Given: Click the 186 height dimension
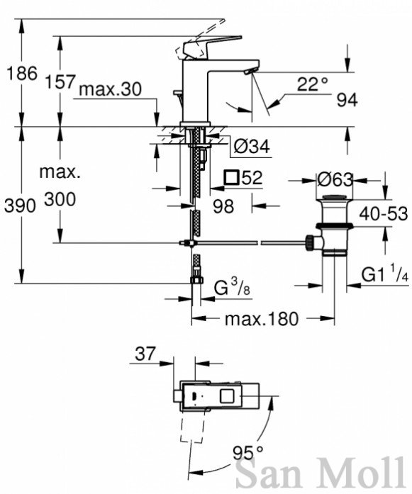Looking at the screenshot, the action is coord(22,74).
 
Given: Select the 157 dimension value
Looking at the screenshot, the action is coord(60,82).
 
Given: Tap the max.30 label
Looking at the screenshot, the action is coord(111,89).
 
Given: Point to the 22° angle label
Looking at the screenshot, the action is coord(313,84).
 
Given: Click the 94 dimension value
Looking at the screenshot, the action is coord(347,101).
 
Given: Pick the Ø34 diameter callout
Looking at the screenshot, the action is coord(252,147).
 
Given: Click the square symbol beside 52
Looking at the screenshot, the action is coord(231,178).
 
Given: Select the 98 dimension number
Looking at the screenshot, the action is coord(223,207).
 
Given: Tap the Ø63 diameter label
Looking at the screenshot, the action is coord(335,180).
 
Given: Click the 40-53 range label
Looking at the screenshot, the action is coord(384,214).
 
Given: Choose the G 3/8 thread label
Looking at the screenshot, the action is coord(232,287).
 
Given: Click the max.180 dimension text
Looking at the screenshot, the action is coord(262,319).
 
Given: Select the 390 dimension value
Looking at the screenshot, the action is coord(20,206).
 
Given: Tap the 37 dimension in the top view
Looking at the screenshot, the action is coord(145,354).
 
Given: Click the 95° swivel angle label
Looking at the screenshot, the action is coord(247,454).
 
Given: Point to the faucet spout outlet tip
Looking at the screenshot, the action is coord(247,72).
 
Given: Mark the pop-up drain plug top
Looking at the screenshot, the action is coord(335,198).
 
